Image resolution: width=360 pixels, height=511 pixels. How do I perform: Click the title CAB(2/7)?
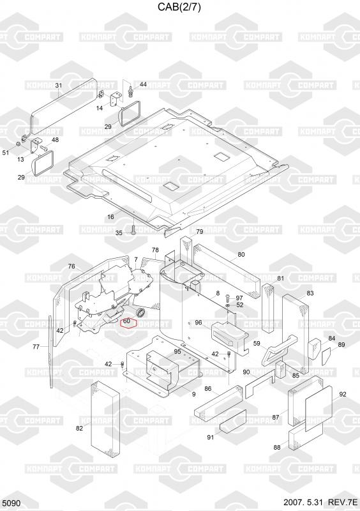(x=179, y=7)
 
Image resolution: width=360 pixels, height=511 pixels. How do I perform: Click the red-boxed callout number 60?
(x=127, y=321)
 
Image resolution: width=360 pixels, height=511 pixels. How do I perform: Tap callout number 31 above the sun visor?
(x=58, y=86)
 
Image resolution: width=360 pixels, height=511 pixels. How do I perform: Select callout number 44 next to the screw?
(x=143, y=84)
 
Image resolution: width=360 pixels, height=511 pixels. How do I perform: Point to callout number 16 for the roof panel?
(x=111, y=217)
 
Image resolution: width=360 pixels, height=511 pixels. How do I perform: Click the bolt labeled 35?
(x=134, y=229)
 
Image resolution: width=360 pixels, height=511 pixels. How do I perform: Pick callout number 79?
(x=200, y=231)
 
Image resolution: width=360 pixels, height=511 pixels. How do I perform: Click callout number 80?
(x=241, y=254)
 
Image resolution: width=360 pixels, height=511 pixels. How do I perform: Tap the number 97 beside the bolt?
(x=239, y=298)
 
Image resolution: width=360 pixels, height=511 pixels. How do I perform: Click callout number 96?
(x=199, y=323)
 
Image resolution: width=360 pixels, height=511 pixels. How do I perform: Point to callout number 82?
(x=80, y=428)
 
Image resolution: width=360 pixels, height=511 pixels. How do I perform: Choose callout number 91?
(x=211, y=437)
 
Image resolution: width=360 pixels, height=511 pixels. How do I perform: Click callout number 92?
(x=343, y=394)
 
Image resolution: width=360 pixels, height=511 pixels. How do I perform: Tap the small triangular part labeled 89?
(x=326, y=356)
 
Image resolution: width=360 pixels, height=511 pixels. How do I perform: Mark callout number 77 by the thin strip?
(x=36, y=347)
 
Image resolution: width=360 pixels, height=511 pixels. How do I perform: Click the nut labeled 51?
(x=19, y=144)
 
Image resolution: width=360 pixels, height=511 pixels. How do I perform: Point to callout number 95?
(x=177, y=351)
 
